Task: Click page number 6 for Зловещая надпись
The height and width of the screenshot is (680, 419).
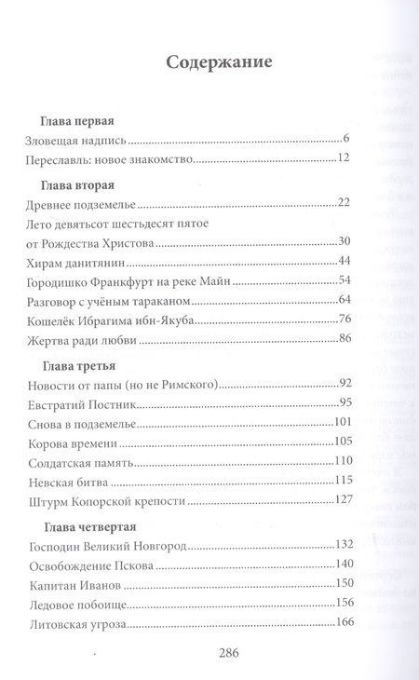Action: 345,141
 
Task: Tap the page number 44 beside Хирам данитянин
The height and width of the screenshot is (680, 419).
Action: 341,260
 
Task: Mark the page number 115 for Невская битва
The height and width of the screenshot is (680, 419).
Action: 337,481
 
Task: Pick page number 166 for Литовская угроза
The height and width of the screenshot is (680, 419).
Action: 337,622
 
